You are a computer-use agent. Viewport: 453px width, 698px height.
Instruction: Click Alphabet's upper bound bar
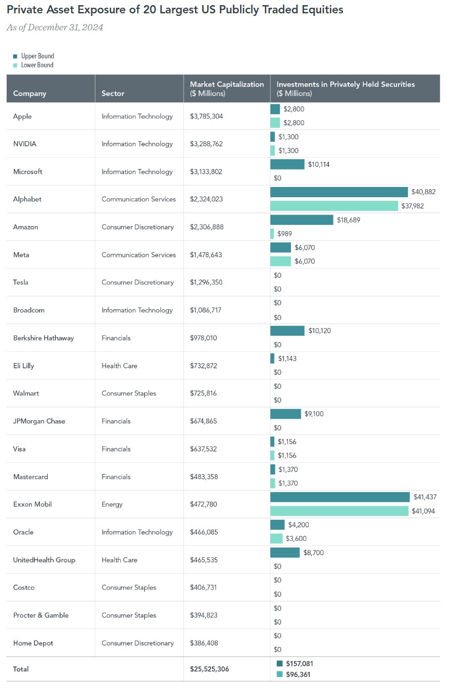pyautogui.click(x=339, y=192)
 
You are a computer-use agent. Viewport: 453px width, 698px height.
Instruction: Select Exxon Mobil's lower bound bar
pyautogui.click(x=339, y=511)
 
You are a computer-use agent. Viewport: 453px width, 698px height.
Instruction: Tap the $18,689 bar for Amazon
pyautogui.click(x=302, y=220)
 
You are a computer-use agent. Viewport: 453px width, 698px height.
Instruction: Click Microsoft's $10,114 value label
pyautogui.click(x=320, y=164)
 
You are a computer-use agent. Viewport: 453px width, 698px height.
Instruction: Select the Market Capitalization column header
pyautogui.click(x=227, y=88)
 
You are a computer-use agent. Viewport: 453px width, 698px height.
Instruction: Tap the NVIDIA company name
pyautogui.click(x=25, y=144)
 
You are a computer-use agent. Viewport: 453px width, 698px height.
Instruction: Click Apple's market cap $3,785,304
pyautogui.click(x=206, y=117)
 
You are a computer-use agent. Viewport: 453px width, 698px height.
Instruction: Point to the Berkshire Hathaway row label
pyautogui.click(x=43, y=338)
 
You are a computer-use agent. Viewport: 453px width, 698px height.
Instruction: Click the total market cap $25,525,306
pyautogui.click(x=209, y=669)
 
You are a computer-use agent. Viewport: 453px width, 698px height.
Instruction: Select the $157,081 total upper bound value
pyautogui.click(x=300, y=664)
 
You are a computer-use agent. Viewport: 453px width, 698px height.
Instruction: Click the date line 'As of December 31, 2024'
pyautogui.click(x=55, y=28)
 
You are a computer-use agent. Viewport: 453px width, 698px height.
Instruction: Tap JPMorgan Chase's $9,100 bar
pyautogui.click(x=286, y=414)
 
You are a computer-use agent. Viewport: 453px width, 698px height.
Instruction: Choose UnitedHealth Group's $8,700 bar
pyautogui.click(x=285, y=553)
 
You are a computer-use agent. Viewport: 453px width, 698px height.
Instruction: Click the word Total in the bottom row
pyautogui.click(x=21, y=669)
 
